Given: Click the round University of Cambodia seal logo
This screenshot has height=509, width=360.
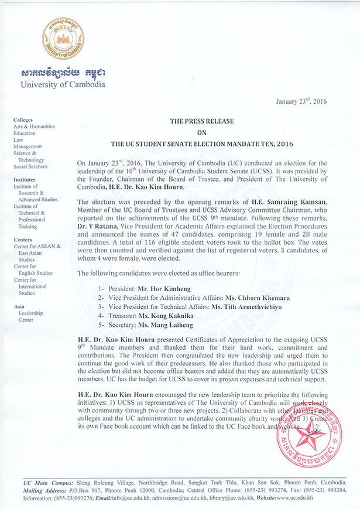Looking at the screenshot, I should pos(63,38).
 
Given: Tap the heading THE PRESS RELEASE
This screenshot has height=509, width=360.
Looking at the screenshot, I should pos(201,121).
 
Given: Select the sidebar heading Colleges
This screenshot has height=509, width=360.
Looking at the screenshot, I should pos(23,120).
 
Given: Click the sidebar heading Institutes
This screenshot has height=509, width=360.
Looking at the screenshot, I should pos(25,180).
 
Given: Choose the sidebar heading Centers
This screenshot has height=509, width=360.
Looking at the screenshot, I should pos(23,240).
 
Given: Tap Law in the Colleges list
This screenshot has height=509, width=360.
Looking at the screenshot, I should pos(18,140).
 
